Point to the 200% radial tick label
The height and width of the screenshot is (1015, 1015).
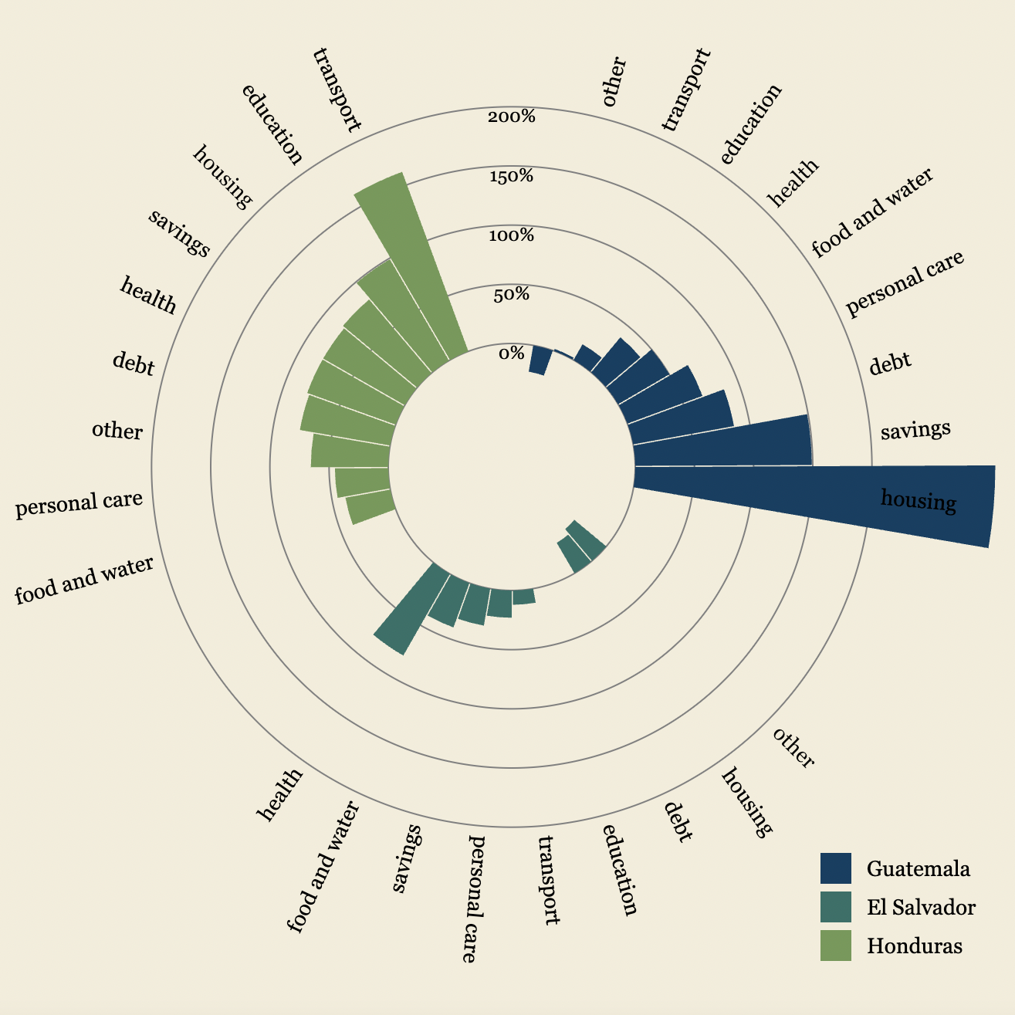tap(511, 117)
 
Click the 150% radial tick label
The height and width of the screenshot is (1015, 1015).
tap(511, 177)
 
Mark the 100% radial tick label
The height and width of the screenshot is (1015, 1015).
tap(511, 235)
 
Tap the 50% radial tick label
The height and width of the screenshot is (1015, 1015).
tap(511, 295)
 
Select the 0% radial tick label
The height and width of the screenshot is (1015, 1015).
tap(511, 354)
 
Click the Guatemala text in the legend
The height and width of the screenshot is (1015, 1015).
tap(918, 868)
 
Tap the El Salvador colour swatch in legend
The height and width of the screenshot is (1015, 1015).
tap(835, 907)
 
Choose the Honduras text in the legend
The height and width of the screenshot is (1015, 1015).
tap(914, 946)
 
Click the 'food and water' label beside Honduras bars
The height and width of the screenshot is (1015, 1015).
tap(84, 580)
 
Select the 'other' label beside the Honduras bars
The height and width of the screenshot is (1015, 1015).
tap(117, 430)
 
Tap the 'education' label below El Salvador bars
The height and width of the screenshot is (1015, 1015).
tap(620, 870)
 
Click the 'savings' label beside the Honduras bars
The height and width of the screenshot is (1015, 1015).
tap(179, 233)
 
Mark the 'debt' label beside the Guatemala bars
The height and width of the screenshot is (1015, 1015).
tap(890, 364)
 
